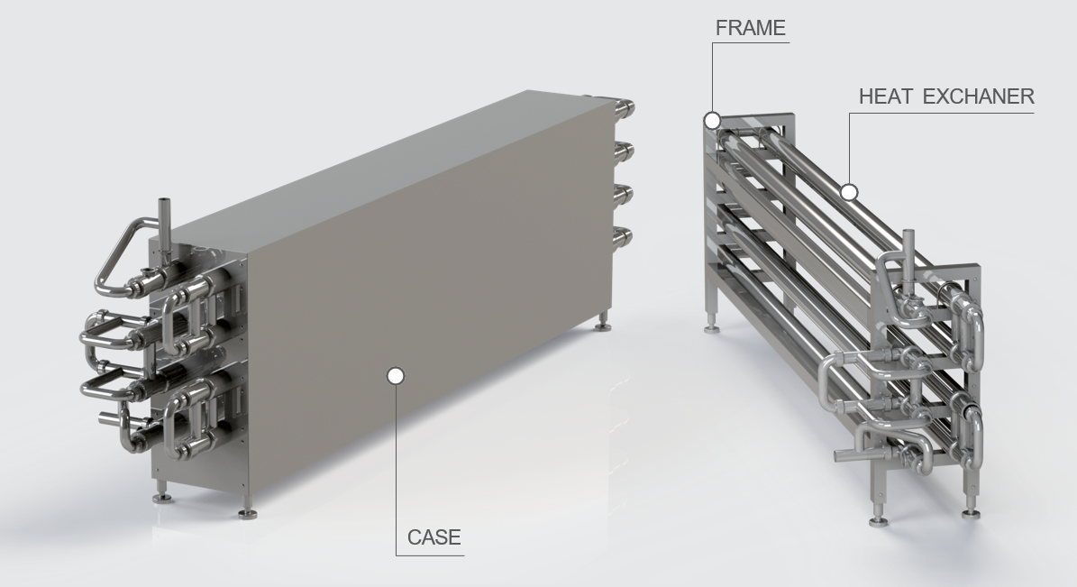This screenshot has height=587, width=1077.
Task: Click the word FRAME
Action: pyautogui.click(x=750, y=28)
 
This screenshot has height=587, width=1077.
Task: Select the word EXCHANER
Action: pyautogui.click(x=979, y=96)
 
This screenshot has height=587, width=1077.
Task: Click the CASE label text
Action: pyautogui.click(x=434, y=537)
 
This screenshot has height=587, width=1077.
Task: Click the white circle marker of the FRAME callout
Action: pyautogui.click(x=712, y=121)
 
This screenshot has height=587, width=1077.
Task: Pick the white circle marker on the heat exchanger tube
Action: pyautogui.click(x=850, y=192)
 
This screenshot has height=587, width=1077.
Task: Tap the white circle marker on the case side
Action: pyautogui.click(x=396, y=375)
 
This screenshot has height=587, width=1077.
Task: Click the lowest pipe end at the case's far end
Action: pyautogui.click(x=623, y=237)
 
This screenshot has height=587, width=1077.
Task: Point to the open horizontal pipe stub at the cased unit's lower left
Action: pyautogui.click(x=110, y=417)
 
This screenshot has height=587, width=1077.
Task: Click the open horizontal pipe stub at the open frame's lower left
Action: pyautogui.click(x=846, y=455)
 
